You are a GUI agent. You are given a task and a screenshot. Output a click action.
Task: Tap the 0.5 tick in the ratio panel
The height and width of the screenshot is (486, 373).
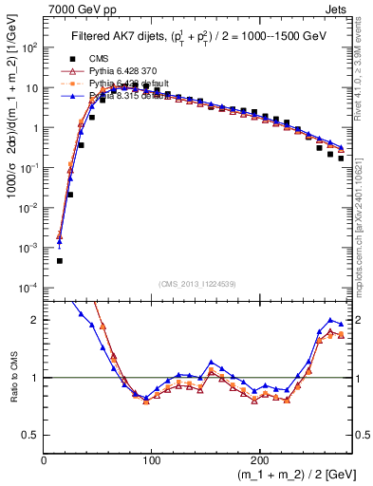tap(32, 435)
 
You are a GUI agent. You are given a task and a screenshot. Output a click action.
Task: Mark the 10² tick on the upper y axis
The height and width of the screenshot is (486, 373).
tap(30, 47)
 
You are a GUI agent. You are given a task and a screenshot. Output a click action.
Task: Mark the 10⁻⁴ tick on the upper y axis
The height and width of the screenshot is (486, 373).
tap(30, 288)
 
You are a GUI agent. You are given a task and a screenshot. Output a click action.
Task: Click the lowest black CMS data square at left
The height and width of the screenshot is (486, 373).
tap(59, 260)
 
